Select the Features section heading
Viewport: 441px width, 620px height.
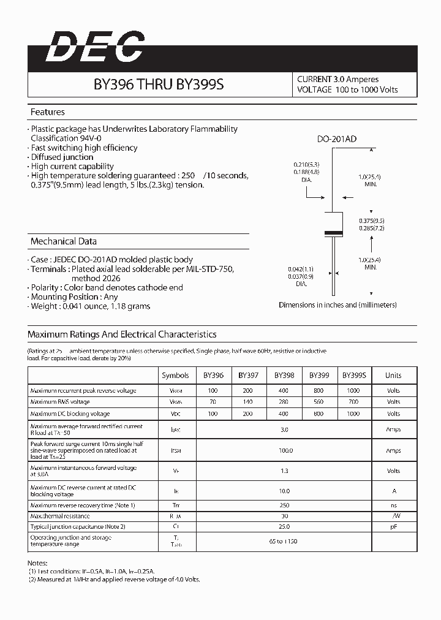[48, 112]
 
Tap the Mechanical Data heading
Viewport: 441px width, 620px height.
[64, 241]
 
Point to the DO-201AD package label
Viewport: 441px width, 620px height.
[336, 139]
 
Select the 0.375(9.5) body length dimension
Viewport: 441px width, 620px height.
[372, 220]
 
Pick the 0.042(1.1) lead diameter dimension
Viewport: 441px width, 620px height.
[301, 269]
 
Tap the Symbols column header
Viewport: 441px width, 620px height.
[175, 375]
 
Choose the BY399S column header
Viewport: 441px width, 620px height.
[354, 375]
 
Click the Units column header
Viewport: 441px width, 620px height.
[393, 375]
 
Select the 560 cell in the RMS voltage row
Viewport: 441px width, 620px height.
[319, 402]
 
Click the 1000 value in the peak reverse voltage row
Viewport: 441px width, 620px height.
[354, 390]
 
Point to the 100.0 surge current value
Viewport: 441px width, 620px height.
[284, 450]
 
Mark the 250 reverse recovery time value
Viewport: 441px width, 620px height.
[284, 505]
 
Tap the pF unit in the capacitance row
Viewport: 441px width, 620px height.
[393, 526]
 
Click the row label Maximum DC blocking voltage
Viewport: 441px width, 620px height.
[70, 414]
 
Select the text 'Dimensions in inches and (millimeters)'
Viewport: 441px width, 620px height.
[337, 304]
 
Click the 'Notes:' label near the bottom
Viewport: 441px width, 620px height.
[37, 562]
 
